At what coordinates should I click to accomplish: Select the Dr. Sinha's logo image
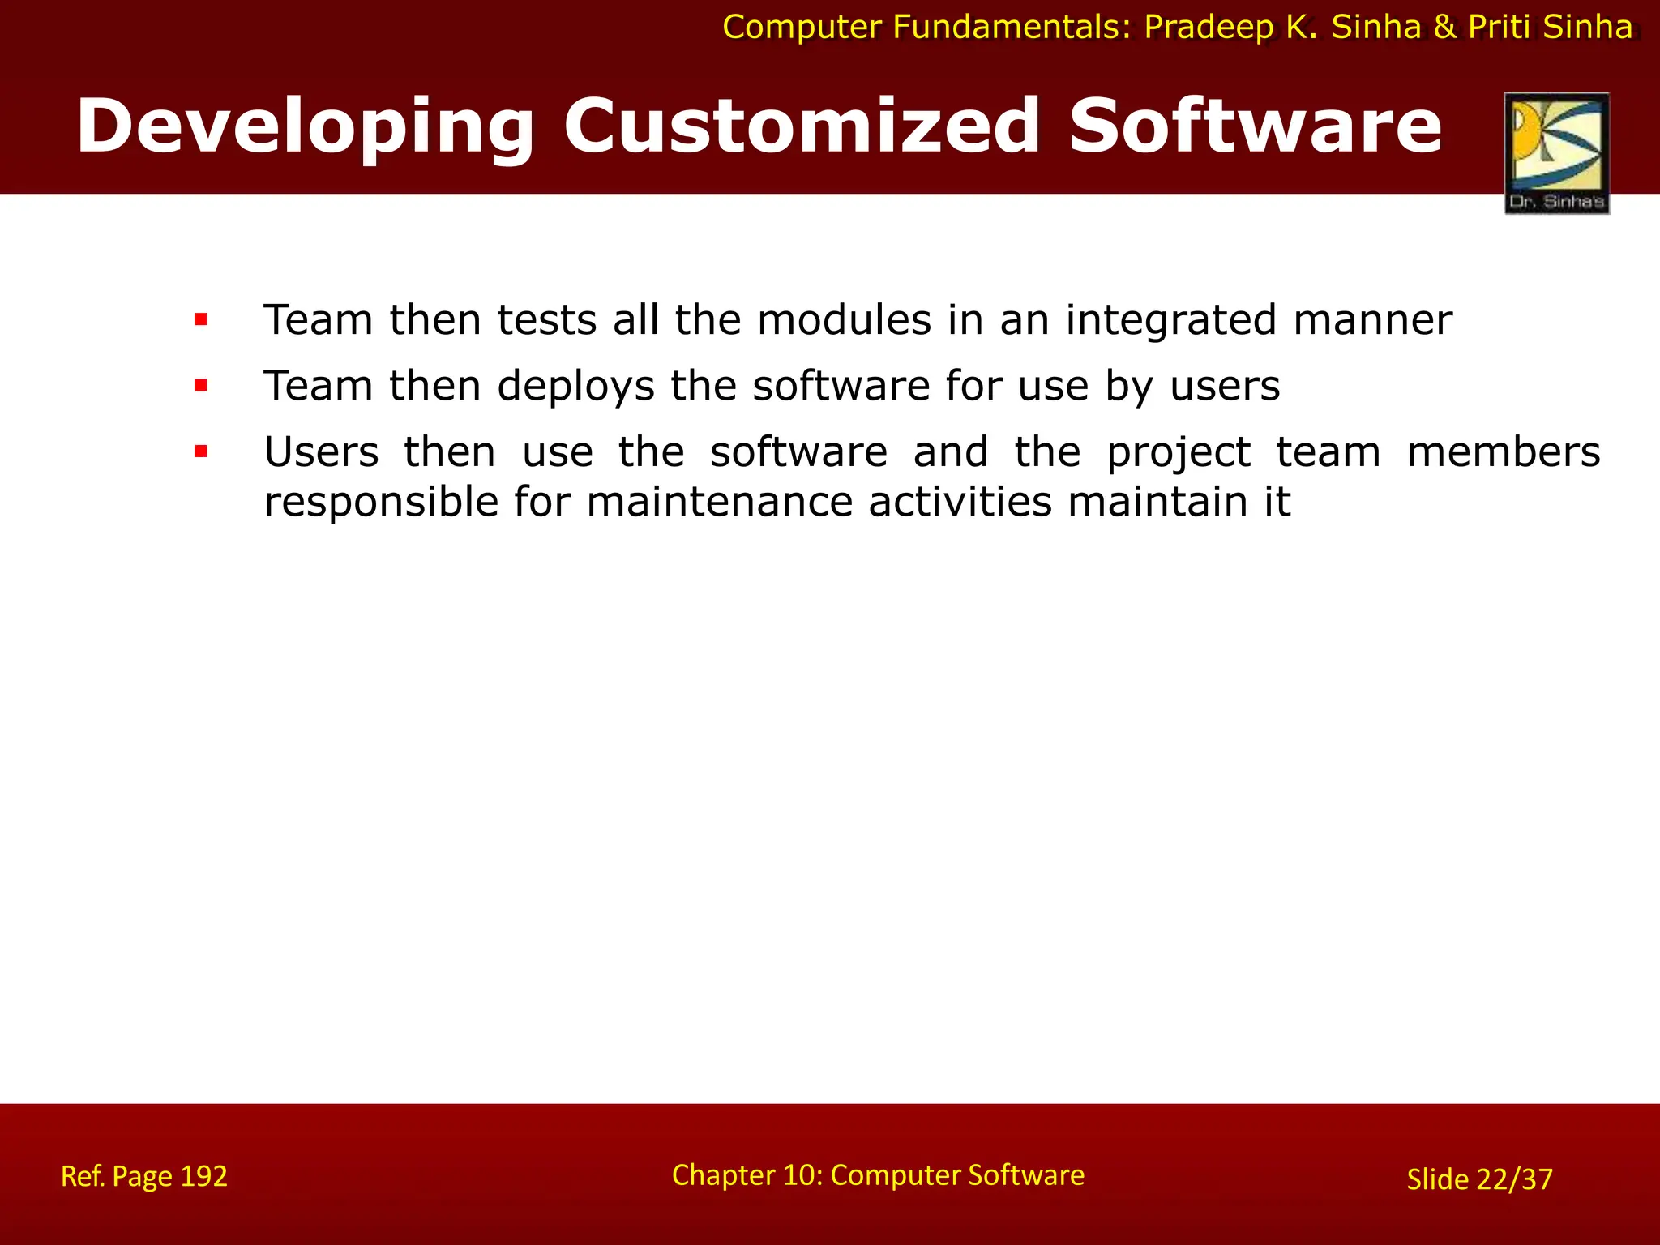tap(1556, 152)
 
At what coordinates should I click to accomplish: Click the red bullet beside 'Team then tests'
tap(201, 320)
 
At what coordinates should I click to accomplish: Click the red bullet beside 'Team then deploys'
tap(201, 386)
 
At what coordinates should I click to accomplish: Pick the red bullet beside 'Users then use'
tap(201, 451)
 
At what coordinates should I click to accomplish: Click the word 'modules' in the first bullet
tap(844, 320)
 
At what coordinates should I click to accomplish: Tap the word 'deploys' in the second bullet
tap(575, 386)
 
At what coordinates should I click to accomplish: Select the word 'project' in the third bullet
tap(1179, 452)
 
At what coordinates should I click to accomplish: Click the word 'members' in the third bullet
tap(1503, 451)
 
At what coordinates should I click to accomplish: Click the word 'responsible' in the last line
tap(381, 502)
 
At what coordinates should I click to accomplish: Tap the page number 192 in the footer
tap(203, 1176)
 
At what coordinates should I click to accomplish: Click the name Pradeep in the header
tap(1209, 28)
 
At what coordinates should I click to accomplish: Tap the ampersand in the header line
tap(1445, 28)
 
